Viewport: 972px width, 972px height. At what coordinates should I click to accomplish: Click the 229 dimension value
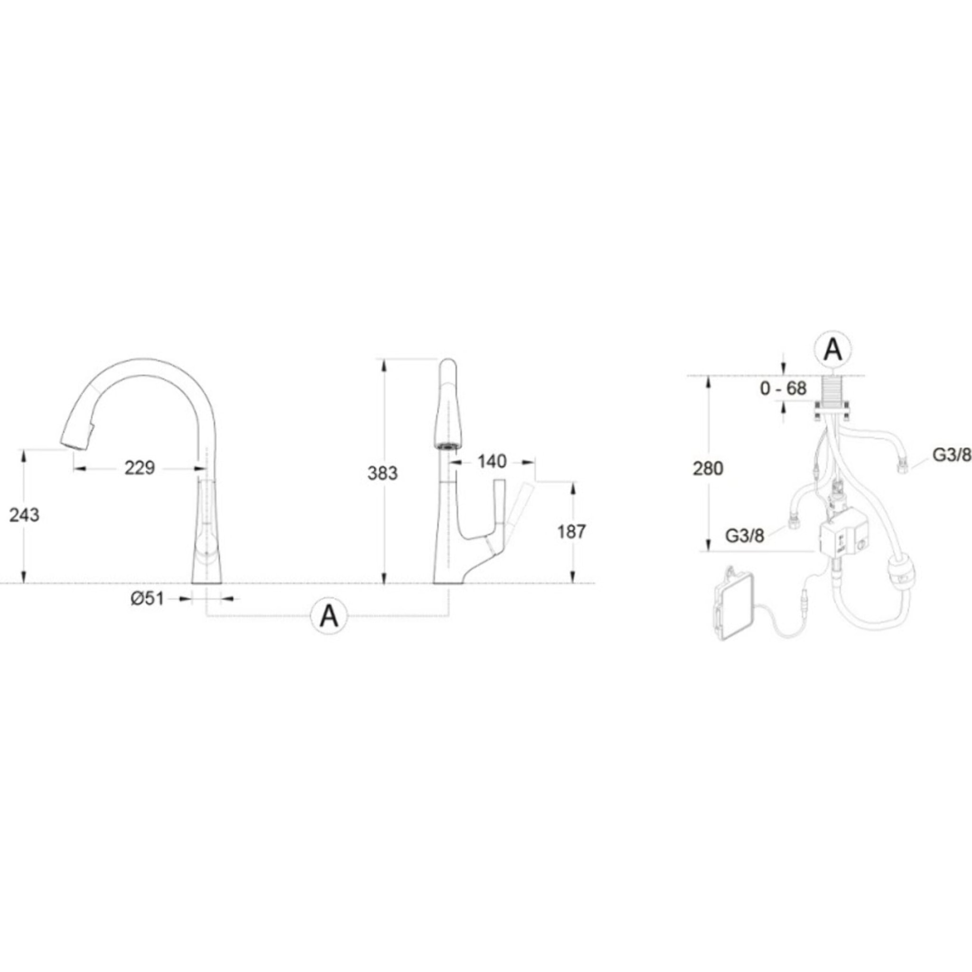point(140,468)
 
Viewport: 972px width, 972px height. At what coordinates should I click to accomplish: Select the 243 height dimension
point(24,515)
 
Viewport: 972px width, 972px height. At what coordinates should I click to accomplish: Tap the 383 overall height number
point(383,473)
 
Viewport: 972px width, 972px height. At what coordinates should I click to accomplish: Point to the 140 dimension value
point(492,461)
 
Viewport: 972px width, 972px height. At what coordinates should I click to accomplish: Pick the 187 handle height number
point(571,531)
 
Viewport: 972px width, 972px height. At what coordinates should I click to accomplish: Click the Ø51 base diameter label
point(148,598)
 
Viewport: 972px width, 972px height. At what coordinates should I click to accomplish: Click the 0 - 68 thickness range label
point(783,388)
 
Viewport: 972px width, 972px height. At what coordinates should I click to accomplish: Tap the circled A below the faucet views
point(329,615)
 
